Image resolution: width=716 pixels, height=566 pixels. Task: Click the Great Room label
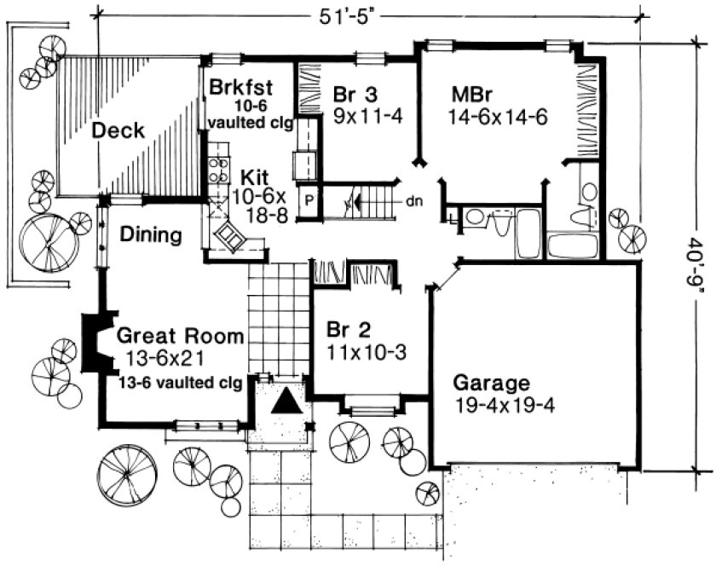coord(181,335)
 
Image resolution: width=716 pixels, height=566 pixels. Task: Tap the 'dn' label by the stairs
coord(414,202)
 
